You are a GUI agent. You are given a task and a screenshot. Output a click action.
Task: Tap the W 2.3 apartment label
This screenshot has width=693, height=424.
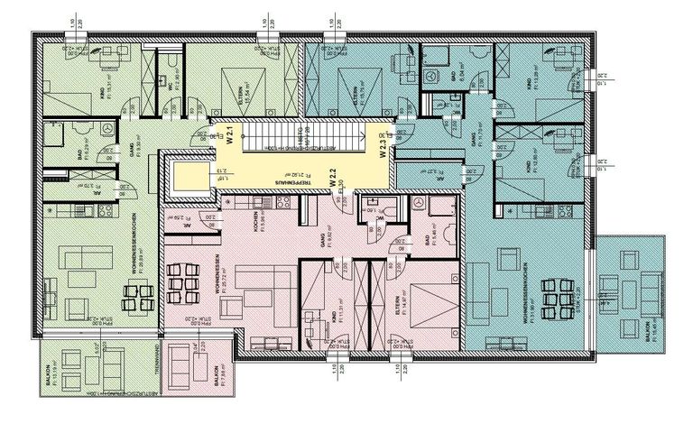point(383,144)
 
